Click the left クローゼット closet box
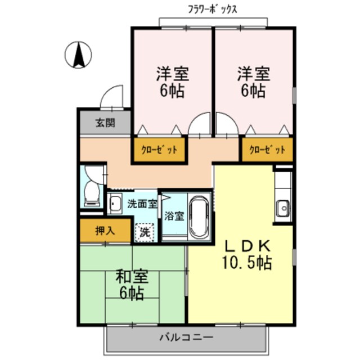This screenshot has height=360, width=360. (x=159, y=150)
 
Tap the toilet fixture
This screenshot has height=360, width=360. (x=90, y=194)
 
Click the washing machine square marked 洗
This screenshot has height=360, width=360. (x=145, y=231)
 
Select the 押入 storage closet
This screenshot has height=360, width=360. (x=105, y=231)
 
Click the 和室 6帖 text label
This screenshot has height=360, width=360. (x=133, y=284)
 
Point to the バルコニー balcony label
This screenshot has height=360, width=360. (x=186, y=338)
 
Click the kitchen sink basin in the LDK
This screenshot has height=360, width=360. (x=282, y=208)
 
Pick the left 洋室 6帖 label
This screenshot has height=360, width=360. (x=172, y=82)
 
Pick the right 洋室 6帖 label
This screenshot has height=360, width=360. (x=253, y=82)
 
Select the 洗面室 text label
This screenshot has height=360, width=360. (x=142, y=204)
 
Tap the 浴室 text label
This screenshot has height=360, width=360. (x=174, y=215)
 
